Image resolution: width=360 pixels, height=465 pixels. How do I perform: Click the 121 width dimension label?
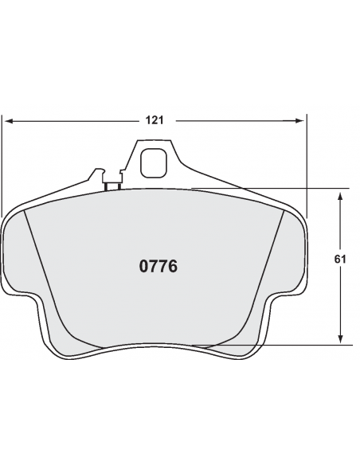[x=155, y=120]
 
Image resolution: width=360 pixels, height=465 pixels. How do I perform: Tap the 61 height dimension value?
[x=340, y=260]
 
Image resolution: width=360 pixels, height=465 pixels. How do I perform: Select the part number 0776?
[x=158, y=266]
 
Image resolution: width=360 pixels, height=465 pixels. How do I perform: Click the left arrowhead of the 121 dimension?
[x=10, y=121]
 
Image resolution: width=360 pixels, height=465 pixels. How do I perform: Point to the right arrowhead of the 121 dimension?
[x=299, y=121]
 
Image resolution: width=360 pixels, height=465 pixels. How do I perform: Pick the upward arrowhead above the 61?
[x=340, y=196]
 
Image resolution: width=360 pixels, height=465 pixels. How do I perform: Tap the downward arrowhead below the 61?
[x=340, y=339]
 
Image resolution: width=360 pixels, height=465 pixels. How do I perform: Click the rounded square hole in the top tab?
[x=153, y=163]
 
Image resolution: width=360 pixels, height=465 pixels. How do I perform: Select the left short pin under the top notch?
[x=106, y=187]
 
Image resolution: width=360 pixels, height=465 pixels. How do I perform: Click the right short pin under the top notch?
[x=119, y=186]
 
